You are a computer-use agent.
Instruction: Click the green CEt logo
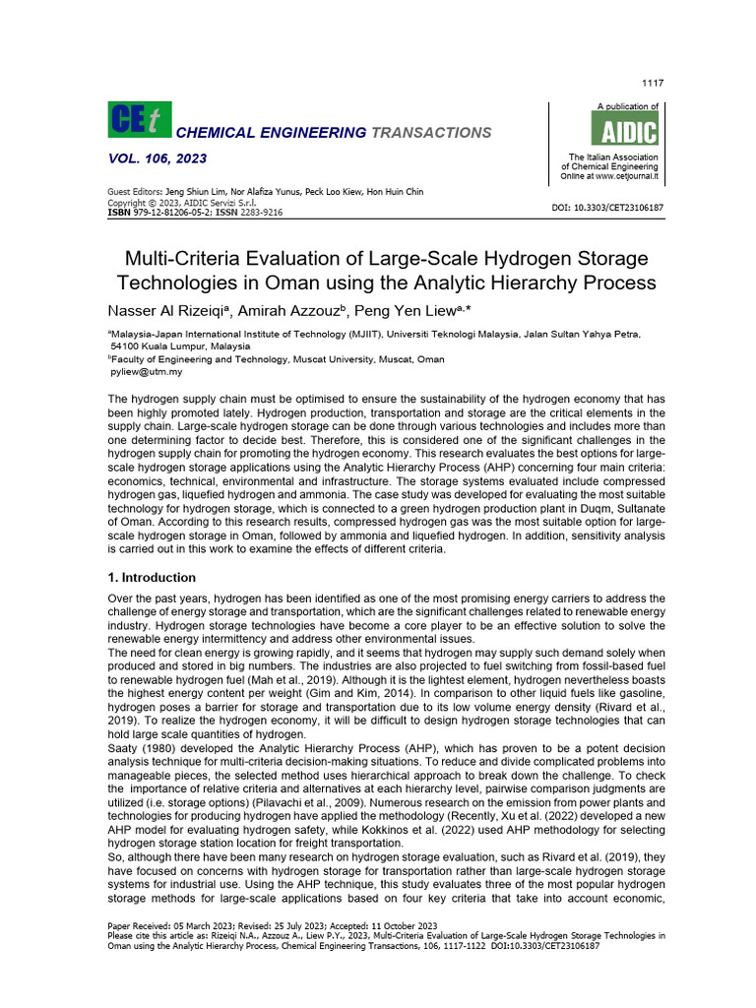[139, 119]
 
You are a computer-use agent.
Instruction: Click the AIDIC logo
[624, 130]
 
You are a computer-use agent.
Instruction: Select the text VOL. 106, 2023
[157, 158]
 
